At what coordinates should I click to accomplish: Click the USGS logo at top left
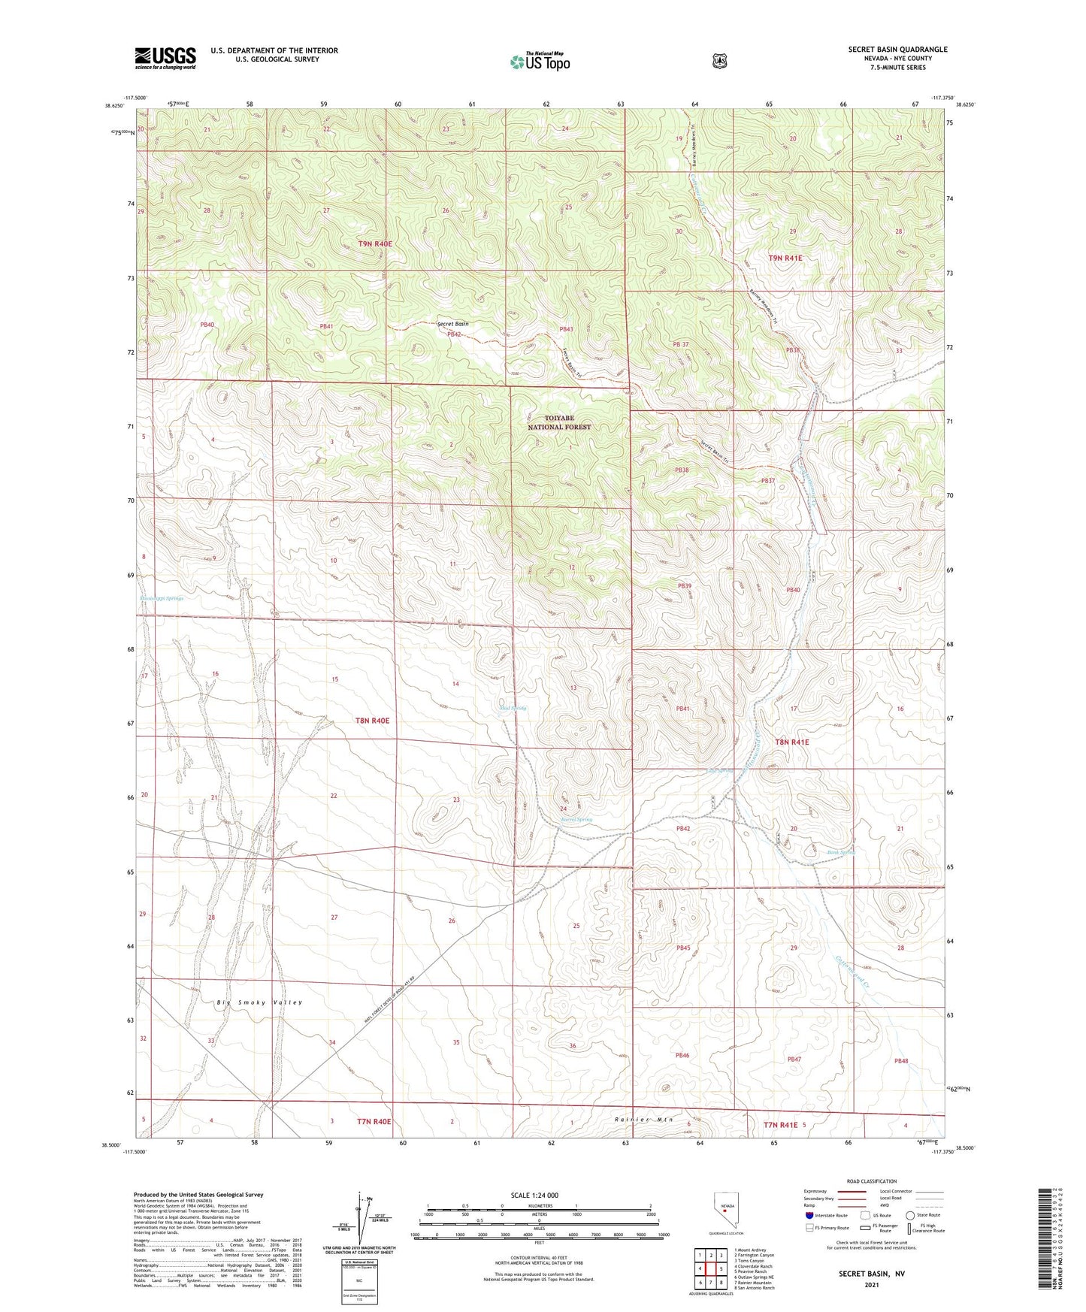(165, 58)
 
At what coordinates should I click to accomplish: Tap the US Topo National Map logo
(539, 62)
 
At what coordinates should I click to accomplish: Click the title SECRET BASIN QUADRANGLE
(897, 50)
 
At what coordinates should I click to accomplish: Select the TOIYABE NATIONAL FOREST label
(559, 422)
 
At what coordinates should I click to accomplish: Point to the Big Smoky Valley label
(259, 1002)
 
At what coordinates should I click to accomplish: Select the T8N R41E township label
(792, 742)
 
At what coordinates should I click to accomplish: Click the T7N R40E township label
(374, 1122)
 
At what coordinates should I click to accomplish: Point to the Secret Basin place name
(452, 324)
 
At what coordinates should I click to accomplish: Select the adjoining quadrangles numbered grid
(710, 1269)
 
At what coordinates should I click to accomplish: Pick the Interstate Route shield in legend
(809, 1215)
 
